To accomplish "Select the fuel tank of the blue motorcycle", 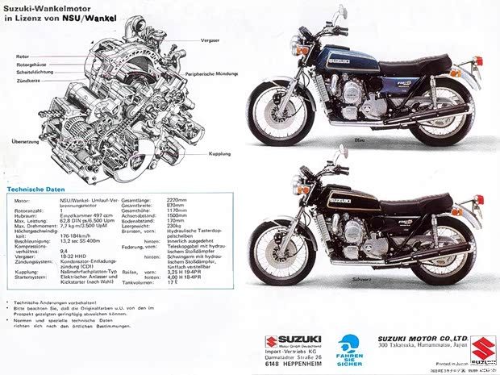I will click(347, 61).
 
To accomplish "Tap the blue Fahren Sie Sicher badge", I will click(349, 351).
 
